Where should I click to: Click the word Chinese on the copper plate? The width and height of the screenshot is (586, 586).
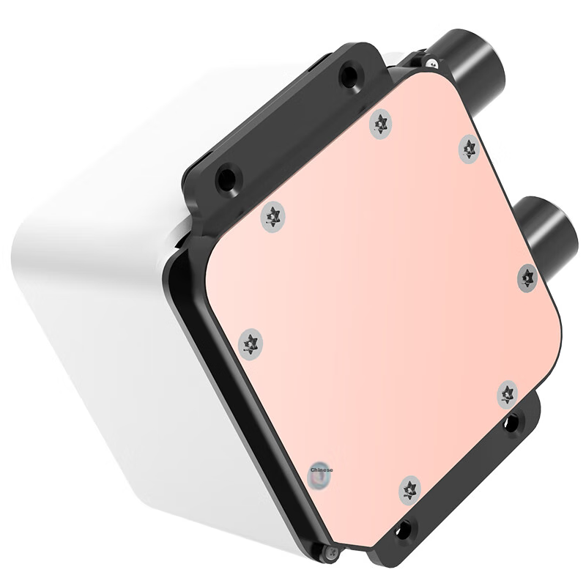pos(322,470)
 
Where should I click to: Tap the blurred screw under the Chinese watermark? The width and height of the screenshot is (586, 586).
pos(320,478)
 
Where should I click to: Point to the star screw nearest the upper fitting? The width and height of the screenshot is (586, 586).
pos(470,149)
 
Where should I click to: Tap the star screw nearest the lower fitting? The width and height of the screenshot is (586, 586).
pos(527,278)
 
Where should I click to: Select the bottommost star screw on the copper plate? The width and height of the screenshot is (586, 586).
pos(410,489)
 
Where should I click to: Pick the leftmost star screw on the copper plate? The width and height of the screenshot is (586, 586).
pos(251,342)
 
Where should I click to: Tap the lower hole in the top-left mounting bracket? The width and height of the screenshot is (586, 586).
pos(228,177)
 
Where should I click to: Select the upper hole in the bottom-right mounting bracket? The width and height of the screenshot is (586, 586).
pos(511,422)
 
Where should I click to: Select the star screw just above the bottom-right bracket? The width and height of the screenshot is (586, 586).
pos(508,393)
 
